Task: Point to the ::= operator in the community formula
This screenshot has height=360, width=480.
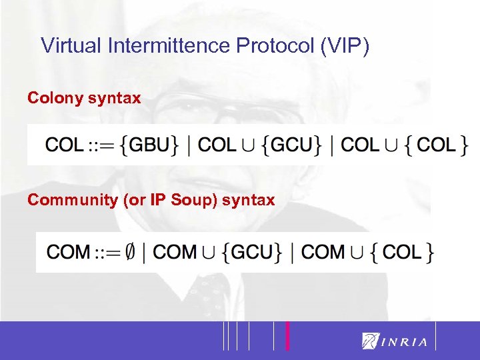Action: click(x=107, y=252)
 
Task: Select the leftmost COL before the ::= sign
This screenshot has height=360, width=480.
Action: click(x=65, y=144)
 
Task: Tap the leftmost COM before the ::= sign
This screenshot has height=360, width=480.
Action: click(x=68, y=252)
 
